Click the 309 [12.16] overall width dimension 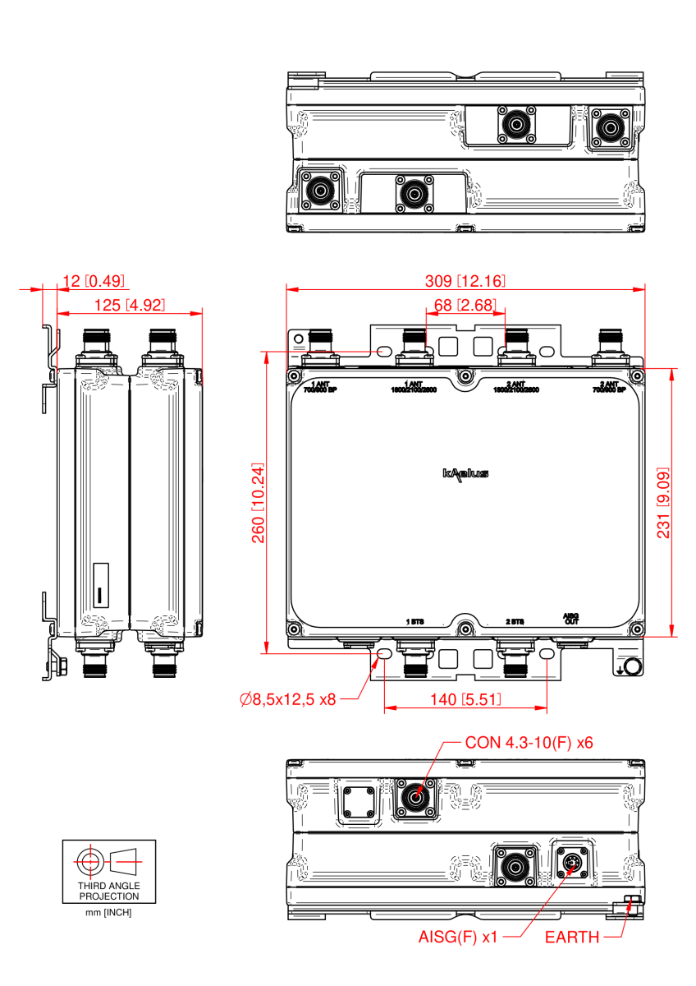point(465,281)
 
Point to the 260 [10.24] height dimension point(257,502)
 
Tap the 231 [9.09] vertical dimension point(663,502)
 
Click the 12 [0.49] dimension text point(93,281)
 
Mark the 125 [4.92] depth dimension point(129,305)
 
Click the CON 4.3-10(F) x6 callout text point(529,742)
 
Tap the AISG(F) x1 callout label point(458,937)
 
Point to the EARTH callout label point(572,937)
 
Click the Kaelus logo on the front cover point(465,473)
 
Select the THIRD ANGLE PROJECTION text point(108,892)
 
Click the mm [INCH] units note point(108,913)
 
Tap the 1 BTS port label point(417,622)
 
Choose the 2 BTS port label point(515,622)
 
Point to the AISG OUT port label point(570,618)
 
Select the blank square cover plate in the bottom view point(357,800)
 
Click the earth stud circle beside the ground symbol point(633,666)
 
